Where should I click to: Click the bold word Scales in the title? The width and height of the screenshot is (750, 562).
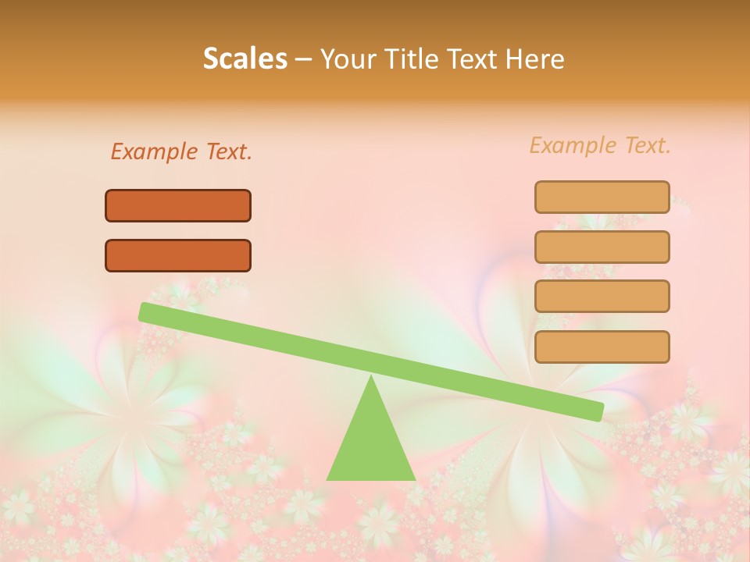point(245,59)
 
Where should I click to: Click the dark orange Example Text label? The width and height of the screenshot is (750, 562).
point(181,151)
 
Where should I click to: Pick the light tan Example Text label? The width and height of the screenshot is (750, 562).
point(600,145)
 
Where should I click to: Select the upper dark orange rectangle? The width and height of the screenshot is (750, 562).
point(178,206)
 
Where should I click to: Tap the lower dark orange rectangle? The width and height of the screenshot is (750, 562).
point(178,256)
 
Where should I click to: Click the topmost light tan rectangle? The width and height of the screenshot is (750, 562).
point(602,197)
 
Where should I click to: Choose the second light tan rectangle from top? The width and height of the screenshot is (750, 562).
point(602,247)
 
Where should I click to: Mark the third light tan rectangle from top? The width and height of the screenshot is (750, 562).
point(602,297)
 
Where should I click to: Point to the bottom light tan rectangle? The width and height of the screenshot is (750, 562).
point(602,347)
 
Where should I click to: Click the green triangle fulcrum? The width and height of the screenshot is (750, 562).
point(371,445)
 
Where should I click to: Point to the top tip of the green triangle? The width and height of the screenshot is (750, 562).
point(371,379)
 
